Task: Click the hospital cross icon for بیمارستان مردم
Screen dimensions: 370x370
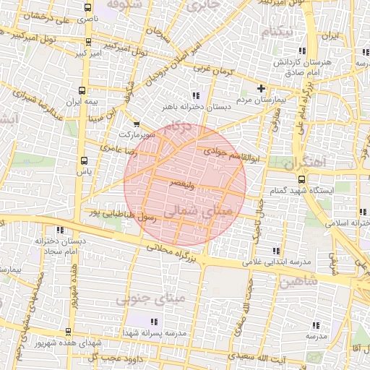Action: (262, 88)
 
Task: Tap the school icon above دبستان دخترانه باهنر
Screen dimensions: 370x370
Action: (195, 95)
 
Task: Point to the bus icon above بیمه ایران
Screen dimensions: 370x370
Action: (82, 91)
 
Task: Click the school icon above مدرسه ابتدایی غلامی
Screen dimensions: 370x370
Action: (276, 251)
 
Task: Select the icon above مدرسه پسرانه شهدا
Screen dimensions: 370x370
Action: (153, 321)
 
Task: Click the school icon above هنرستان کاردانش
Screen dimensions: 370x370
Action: (302, 51)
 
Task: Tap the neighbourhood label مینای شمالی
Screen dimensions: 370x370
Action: (189, 210)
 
